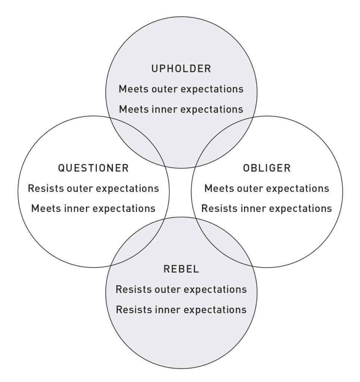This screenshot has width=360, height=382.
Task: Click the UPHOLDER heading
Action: pos(181,69)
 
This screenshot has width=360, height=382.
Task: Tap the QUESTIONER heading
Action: pos(93,168)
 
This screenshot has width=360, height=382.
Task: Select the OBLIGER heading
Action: pos(266,168)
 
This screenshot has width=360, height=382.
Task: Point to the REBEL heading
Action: pos(181,269)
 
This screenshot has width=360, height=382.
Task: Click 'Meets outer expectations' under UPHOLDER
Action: pos(181,89)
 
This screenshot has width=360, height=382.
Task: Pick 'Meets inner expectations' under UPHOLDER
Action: pos(181,109)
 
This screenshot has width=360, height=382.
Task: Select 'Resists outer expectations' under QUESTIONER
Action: pos(93,188)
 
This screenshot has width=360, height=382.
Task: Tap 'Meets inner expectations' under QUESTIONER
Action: pos(93,208)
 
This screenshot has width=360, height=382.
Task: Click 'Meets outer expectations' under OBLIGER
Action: pos(266,188)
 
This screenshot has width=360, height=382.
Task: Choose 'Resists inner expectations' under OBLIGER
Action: pos(266,208)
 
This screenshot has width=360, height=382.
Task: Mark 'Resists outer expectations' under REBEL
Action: pos(181,289)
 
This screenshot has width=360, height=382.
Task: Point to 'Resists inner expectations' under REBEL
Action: pos(181,309)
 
